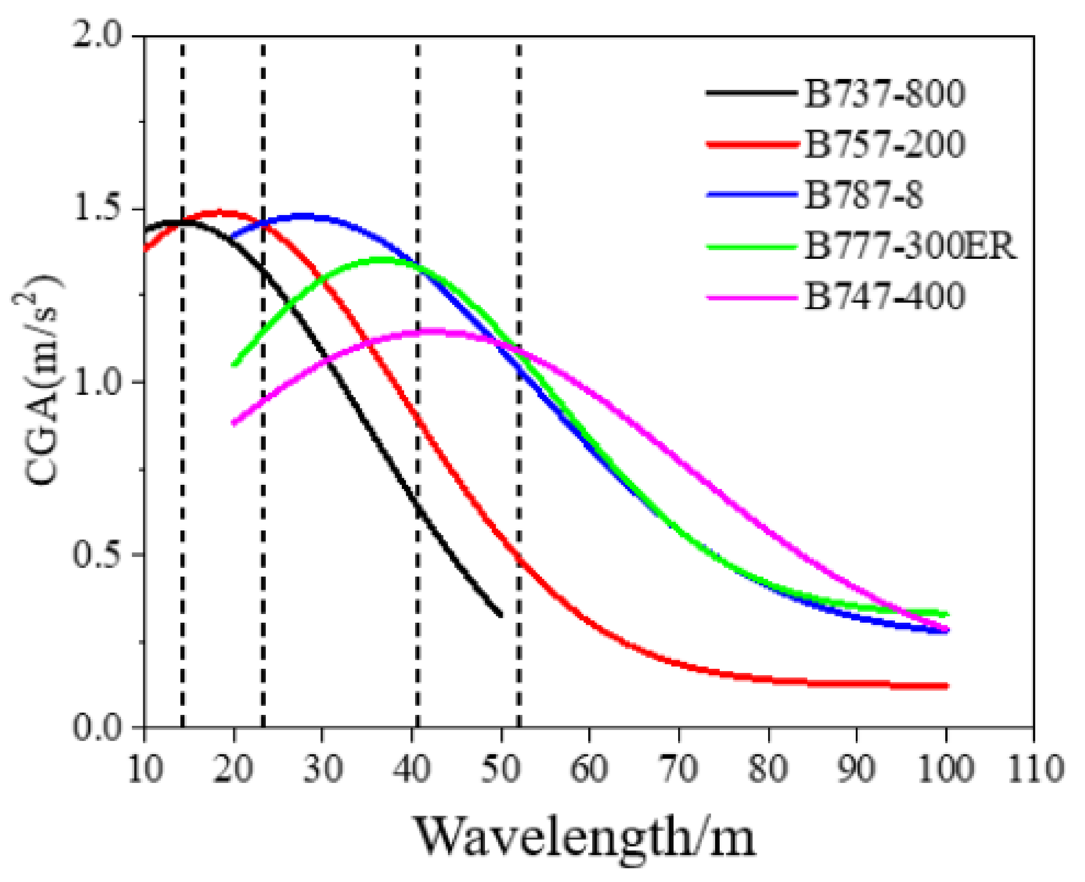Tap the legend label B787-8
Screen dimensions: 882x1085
pyautogui.click(x=863, y=195)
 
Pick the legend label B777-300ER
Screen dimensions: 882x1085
pyautogui.click(x=910, y=246)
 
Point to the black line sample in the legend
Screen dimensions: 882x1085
pyautogui.click(x=751, y=93)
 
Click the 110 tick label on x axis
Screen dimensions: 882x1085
pyautogui.click(x=1035, y=768)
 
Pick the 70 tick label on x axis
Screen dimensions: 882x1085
pyautogui.click(x=679, y=768)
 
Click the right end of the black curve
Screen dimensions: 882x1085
pyautogui.click(x=501, y=615)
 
